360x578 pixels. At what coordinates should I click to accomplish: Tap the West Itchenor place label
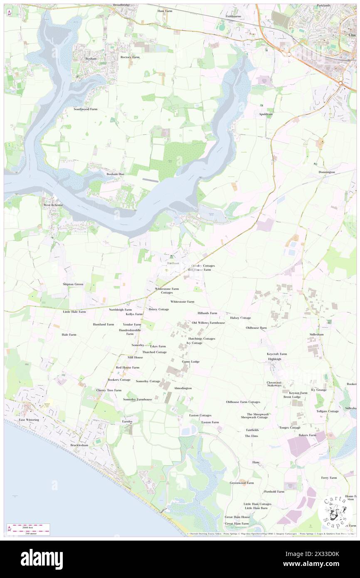pos(53,205)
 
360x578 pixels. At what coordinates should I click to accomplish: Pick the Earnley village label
pos(127,421)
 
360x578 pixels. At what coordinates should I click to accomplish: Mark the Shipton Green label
pos(73,284)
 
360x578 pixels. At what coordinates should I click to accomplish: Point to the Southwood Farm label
pos(85,109)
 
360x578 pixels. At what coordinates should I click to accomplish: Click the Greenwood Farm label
pos(242,483)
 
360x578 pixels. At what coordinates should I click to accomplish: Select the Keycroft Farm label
pos(276,354)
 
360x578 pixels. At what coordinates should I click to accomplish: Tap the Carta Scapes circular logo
pos(335,512)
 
